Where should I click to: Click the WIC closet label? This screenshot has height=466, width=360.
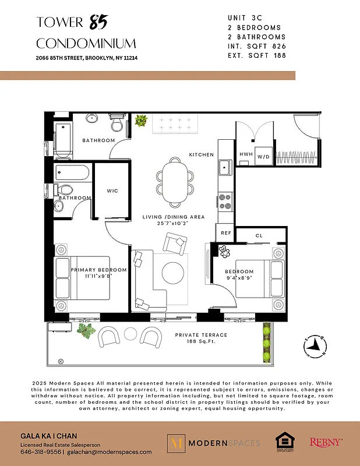[112, 190]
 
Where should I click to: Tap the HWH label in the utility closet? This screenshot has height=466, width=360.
[246, 155]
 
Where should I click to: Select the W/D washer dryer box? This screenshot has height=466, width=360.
[264, 156]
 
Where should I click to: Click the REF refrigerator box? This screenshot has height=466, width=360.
[226, 233]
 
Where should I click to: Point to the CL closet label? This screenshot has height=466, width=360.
[260, 236]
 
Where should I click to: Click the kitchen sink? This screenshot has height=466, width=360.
[224, 168]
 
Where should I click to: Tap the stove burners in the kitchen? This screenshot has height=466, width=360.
[225, 201]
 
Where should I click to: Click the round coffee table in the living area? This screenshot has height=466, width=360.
[173, 272]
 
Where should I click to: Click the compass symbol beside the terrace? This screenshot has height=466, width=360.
[314, 346]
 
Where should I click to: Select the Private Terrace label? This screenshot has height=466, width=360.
[202, 336]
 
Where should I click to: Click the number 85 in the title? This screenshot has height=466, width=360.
[99, 23]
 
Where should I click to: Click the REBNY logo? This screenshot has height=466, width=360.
[326, 443]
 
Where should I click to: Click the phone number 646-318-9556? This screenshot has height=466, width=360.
[40, 451]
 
